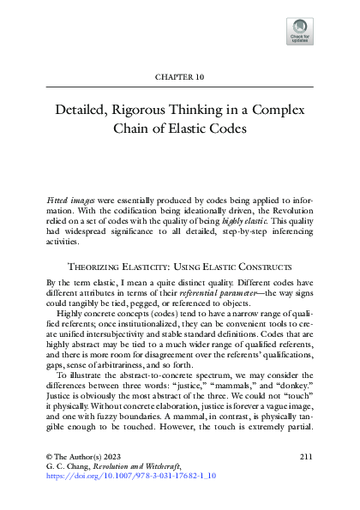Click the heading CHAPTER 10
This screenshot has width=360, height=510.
[x=180, y=76]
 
